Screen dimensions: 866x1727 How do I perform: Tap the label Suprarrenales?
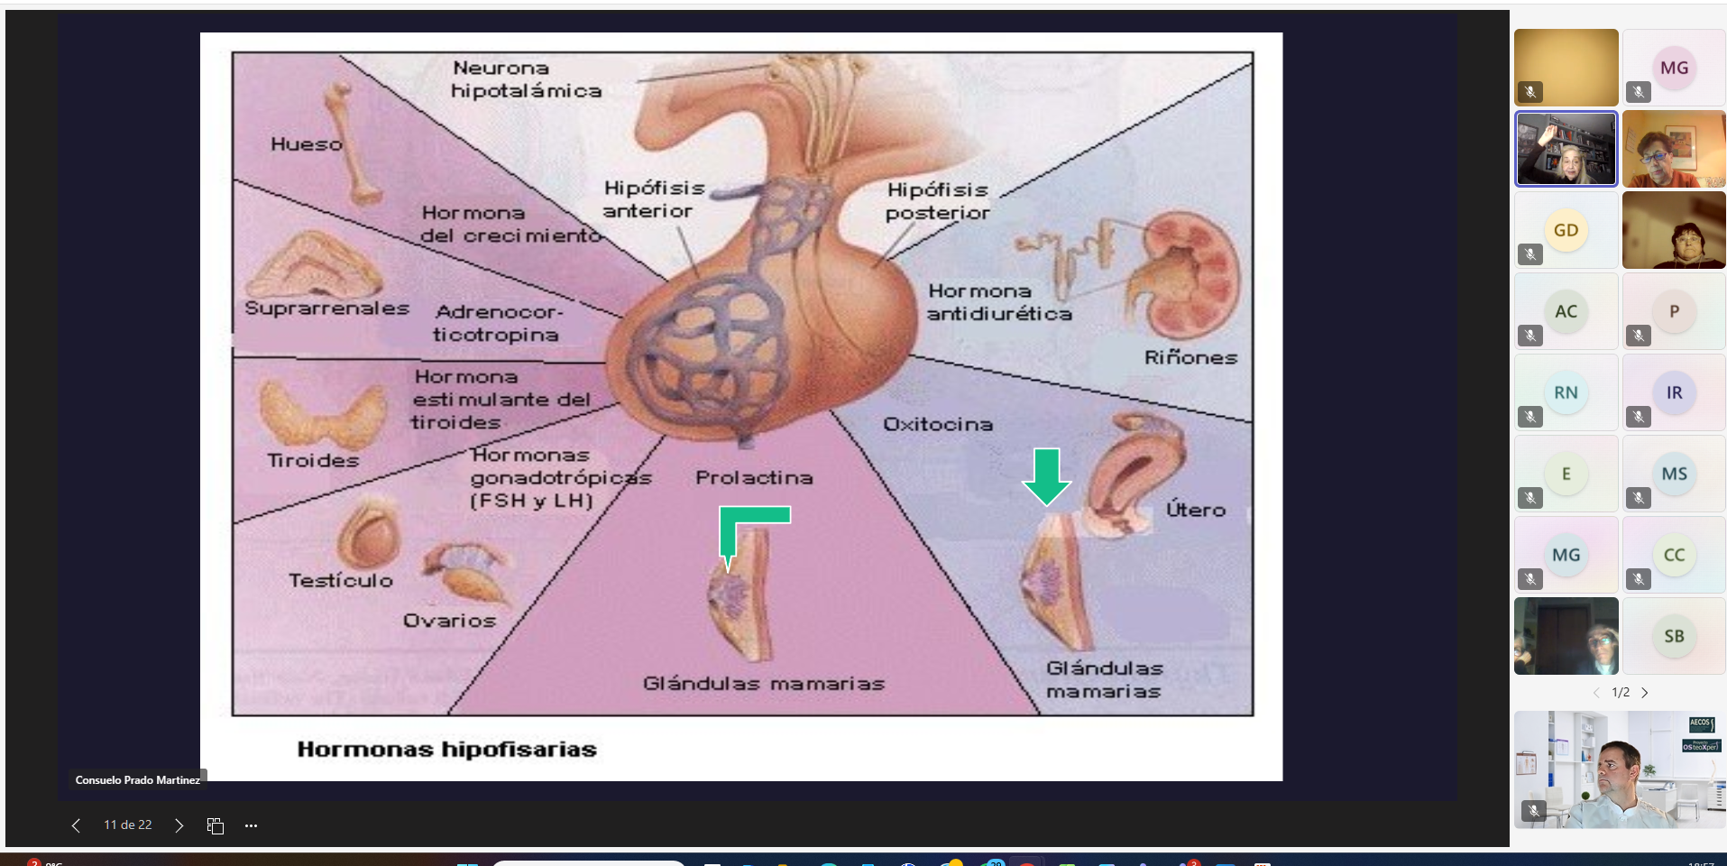click(326, 309)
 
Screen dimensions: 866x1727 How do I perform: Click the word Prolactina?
click(754, 478)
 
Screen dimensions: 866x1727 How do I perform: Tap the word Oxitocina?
click(938, 424)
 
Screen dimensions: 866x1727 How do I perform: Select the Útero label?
click(1196, 510)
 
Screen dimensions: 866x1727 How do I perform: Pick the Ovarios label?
click(449, 621)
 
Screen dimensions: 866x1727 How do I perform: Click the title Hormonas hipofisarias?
click(447, 750)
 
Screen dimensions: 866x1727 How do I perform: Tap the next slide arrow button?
click(179, 825)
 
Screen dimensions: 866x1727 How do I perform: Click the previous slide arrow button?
click(76, 825)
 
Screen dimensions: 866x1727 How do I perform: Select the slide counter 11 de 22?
click(127, 825)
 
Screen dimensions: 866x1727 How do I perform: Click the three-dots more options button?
click(251, 825)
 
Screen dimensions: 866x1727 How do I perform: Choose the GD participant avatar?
click(1566, 230)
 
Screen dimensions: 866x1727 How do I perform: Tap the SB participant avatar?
click(1674, 636)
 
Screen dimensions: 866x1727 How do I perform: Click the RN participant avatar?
click(1566, 392)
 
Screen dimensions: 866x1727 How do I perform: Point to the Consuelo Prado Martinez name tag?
click(137, 780)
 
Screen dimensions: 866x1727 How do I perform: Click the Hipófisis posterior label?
click(938, 201)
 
